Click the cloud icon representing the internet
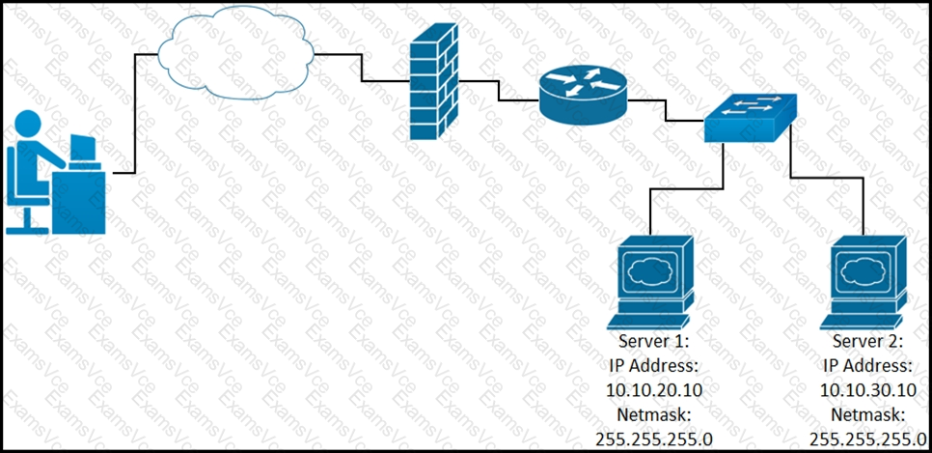pyautogui.click(x=236, y=53)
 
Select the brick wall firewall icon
pyautogui.click(x=434, y=81)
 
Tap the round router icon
pyautogui.click(x=583, y=93)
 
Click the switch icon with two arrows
pyautogui.click(x=750, y=118)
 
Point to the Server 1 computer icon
pyautogui.click(x=651, y=282)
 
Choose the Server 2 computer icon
pyautogui.click(x=863, y=282)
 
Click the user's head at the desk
pyautogui.click(x=28, y=126)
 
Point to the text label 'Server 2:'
pyautogui.click(x=867, y=342)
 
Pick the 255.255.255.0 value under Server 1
pyautogui.click(x=654, y=439)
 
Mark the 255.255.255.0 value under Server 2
pyautogui.click(x=867, y=439)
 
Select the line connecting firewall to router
pyautogui.click(x=499, y=91)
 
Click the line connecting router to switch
pyautogui.click(x=665, y=110)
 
